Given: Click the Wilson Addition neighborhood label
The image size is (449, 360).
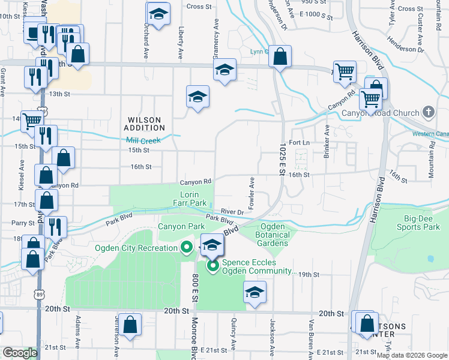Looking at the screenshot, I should point(145,124).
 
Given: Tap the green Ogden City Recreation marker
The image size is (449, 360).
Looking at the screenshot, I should point(186,247).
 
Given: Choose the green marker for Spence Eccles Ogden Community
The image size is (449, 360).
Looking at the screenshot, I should point(212,265).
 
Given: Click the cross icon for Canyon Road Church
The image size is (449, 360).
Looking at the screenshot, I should point(429,112).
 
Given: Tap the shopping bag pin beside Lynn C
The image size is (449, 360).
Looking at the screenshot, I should point(280,57).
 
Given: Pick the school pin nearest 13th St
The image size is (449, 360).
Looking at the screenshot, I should point(197,96).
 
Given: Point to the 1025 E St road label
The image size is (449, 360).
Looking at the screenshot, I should point(282,158).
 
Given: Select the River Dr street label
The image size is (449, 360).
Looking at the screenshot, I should point(232,212).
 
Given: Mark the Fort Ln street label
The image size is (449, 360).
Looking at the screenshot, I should point(298,143).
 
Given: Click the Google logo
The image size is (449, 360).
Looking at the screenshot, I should point(20,353).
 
